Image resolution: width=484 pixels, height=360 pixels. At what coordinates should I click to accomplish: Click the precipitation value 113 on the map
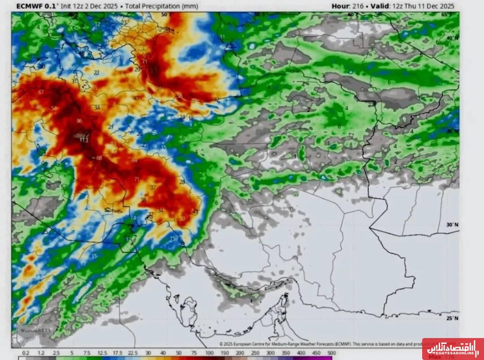point(84,140)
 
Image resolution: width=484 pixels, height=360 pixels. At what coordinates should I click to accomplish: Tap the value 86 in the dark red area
point(79,121)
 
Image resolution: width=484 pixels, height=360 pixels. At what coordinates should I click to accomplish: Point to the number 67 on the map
point(41,92)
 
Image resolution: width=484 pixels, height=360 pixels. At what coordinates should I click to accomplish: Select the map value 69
point(134,161)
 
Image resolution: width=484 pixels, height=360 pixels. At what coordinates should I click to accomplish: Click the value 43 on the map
point(195,211)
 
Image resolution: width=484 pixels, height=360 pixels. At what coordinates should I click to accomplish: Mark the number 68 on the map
point(99,158)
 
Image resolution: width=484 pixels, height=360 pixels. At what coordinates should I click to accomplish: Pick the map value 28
point(182,182)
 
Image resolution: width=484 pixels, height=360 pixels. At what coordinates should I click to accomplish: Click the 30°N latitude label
point(452,224)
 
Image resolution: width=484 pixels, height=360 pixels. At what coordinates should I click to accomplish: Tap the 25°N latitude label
point(452,318)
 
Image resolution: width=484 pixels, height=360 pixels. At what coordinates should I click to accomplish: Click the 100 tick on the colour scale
point(209,353)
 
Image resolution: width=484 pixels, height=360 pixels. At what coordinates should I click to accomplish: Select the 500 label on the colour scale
point(332,353)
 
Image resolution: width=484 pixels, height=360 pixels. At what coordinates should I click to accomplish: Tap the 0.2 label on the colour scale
point(26,353)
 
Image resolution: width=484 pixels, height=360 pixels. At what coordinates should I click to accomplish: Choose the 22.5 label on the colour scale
point(133,353)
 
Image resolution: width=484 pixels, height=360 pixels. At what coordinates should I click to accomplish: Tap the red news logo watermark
point(452,348)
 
